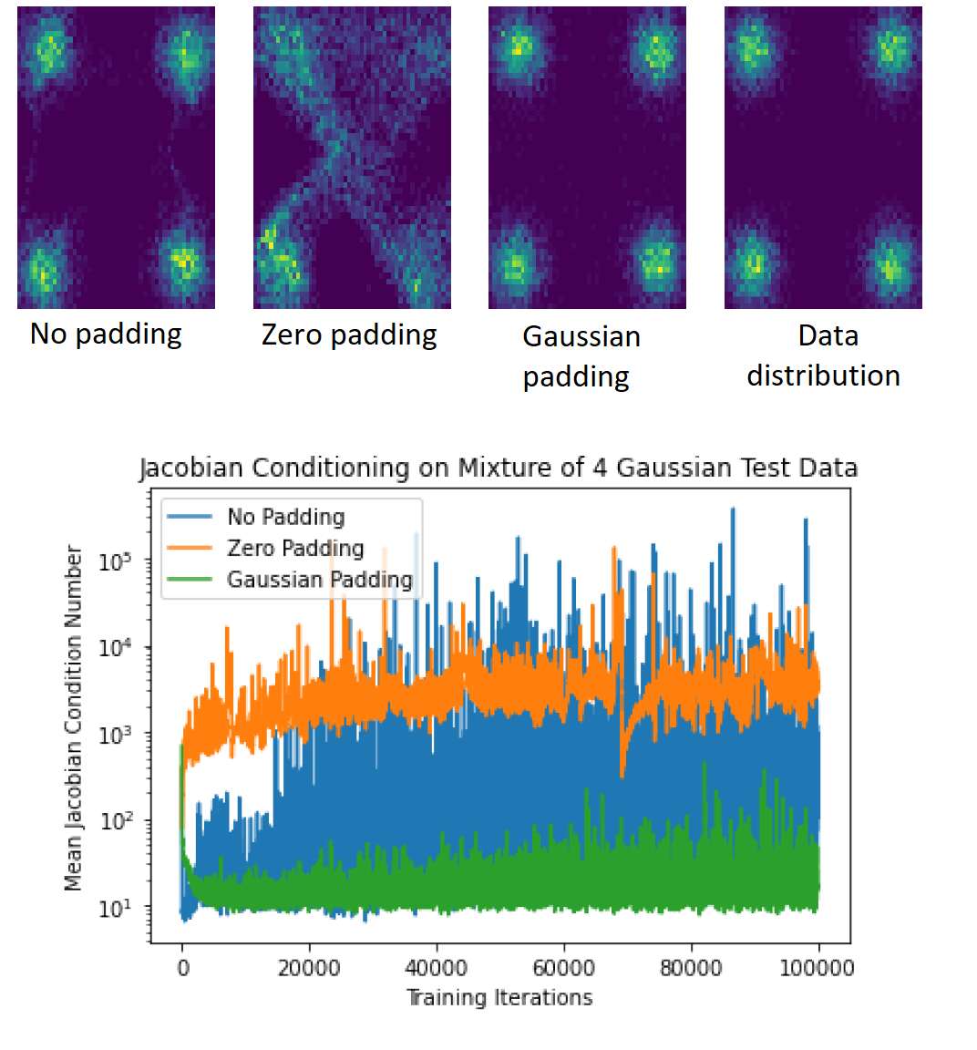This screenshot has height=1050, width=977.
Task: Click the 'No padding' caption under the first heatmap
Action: point(106,335)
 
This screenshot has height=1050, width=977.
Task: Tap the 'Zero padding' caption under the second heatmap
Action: point(349,335)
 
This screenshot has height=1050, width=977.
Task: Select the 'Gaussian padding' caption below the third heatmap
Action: point(581,356)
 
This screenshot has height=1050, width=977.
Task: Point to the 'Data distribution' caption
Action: point(824,355)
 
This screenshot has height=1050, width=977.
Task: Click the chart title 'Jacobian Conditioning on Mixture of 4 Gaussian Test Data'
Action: point(499,468)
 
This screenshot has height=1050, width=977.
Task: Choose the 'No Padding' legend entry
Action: point(286,517)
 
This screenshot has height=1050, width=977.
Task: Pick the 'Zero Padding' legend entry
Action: point(295,549)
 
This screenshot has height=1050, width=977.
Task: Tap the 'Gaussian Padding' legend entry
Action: point(320,580)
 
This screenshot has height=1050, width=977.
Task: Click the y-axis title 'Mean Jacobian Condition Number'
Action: point(73,717)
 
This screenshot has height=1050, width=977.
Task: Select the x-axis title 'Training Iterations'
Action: point(499,998)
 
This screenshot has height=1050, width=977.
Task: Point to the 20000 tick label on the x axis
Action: point(309,968)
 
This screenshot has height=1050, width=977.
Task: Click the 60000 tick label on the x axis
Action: point(564,968)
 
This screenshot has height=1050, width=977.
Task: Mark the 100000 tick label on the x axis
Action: point(818,968)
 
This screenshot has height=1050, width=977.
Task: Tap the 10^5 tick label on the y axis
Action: point(115,561)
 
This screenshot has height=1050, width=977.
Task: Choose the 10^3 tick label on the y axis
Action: point(115,735)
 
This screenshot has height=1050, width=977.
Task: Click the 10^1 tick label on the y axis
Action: point(115,908)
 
